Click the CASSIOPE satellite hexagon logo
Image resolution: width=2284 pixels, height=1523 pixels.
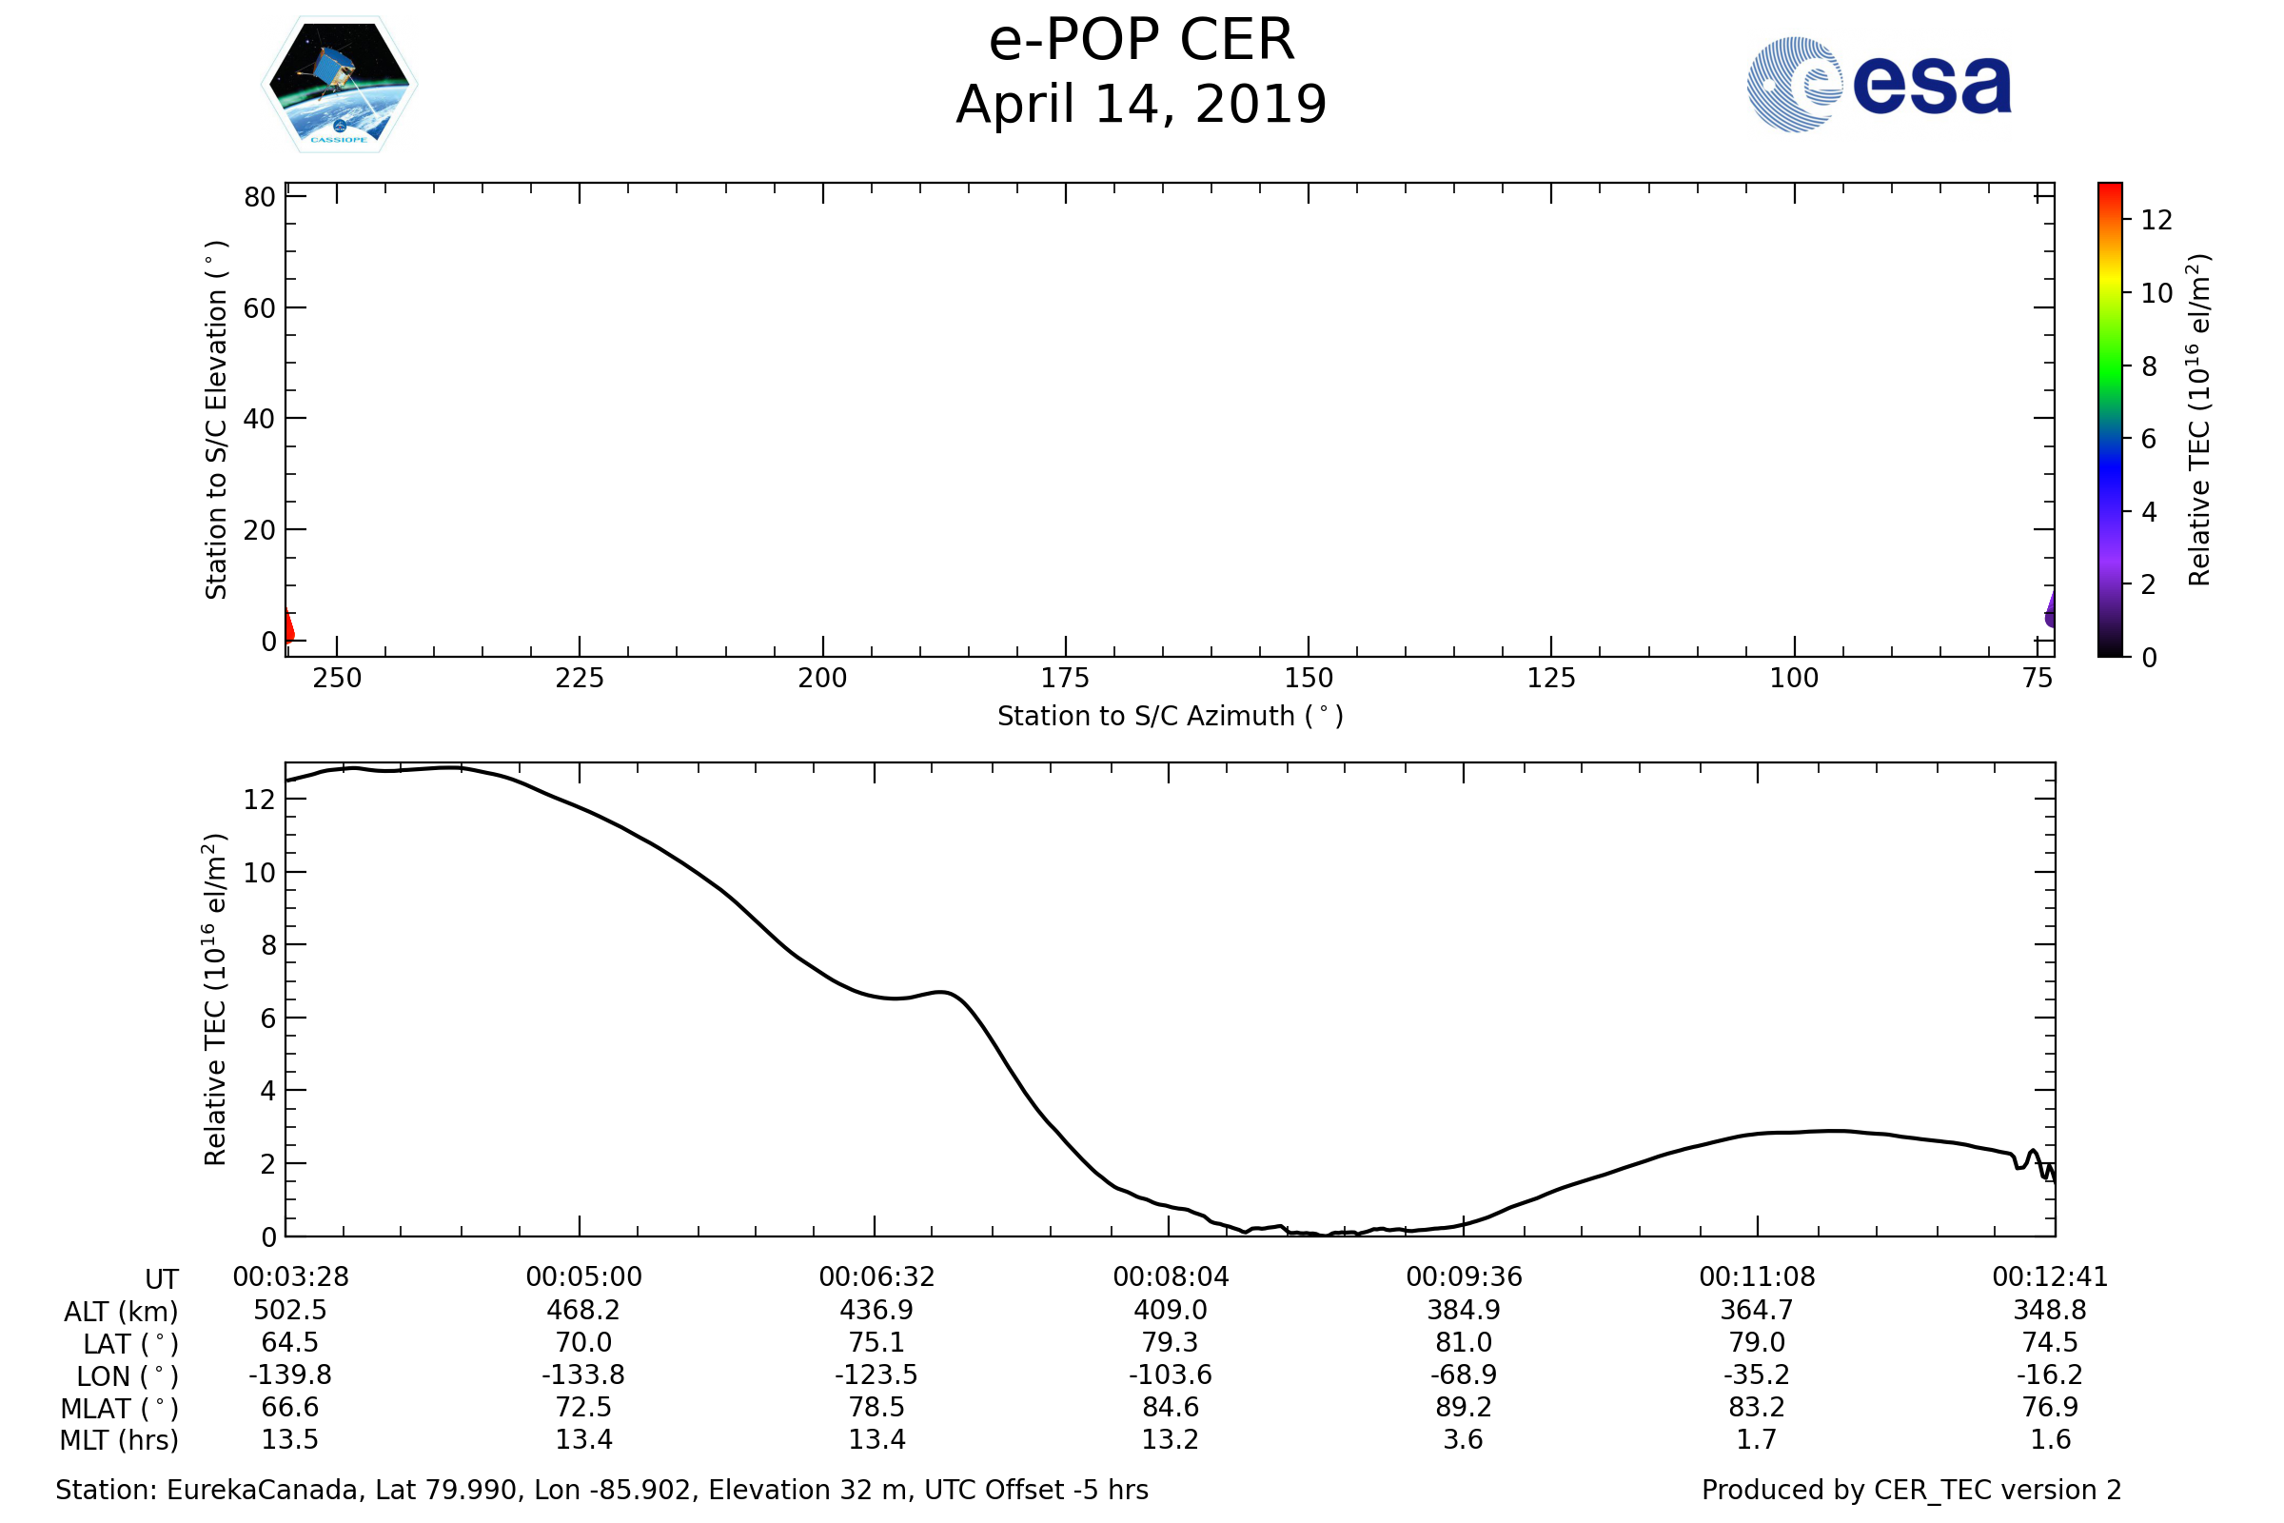click(x=339, y=85)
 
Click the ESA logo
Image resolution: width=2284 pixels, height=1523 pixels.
click(x=1878, y=85)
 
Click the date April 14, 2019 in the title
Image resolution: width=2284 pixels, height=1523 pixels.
click(x=1141, y=105)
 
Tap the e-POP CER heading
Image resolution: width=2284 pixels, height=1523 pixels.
click(x=1141, y=41)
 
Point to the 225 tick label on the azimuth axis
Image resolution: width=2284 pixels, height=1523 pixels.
click(x=579, y=679)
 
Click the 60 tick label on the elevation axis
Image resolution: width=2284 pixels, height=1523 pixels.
click(x=259, y=308)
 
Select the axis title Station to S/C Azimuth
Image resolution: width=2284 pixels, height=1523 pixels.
click(x=1171, y=717)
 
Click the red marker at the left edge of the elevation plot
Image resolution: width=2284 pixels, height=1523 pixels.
click(x=288, y=626)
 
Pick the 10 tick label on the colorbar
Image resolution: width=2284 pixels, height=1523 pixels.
click(x=2156, y=293)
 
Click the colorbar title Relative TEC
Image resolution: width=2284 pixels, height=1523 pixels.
click(x=2198, y=420)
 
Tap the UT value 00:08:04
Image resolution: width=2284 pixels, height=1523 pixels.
click(x=1171, y=1277)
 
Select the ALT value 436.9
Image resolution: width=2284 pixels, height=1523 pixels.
click(x=876, y=1311)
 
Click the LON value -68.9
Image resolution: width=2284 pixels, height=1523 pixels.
click(x=1464, y=1375)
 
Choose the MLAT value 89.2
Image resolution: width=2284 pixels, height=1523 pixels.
click(x=1464, y=1408)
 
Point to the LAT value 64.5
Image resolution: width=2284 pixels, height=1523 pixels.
click(x=289, y=1342)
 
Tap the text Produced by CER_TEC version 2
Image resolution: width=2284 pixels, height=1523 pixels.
click(x=1911, y=1490)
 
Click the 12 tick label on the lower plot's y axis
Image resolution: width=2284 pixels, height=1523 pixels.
click(x=259, y=800)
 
